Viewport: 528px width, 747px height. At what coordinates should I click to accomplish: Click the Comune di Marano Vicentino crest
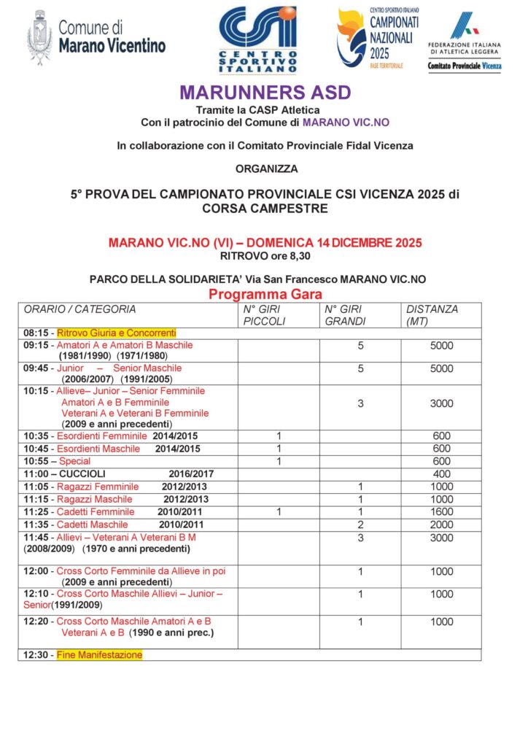[x=39, y=38]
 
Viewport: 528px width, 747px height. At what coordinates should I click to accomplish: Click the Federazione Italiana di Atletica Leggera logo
[x=465, y=41]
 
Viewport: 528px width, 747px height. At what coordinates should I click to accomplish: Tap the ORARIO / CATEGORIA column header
[x=79, y=309]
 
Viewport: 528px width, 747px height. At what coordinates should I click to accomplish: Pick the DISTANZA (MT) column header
[x=432, y=315]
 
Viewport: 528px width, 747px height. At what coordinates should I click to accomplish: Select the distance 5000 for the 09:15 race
[x=441, y=345]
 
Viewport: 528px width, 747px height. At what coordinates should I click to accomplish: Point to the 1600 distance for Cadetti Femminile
[x=441, y=512]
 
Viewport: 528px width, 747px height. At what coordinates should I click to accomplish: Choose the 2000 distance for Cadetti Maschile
[x=441, y=525]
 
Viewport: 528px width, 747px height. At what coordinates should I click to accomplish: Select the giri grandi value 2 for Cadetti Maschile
[x=360, y=525]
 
